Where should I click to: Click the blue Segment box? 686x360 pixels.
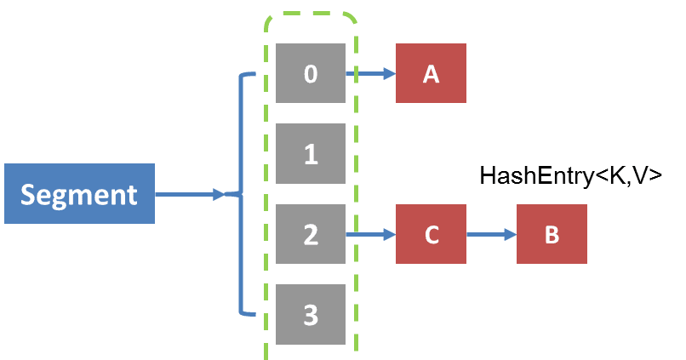click(79, 194)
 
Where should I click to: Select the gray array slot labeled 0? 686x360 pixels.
click(311, 74)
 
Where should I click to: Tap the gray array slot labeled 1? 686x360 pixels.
click(311, 154)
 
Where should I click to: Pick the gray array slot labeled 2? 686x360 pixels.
click(311, 234)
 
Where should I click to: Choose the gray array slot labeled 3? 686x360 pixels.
click(311, 314)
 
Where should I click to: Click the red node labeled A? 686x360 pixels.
click(431, 74)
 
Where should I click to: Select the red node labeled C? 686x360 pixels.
click(431, 234)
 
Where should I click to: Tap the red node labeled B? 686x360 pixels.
click(552, 234)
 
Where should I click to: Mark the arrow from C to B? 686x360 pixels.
click(491, 234)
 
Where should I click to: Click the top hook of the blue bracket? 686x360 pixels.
click(249, 75)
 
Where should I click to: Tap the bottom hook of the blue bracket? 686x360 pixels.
click(249, 314)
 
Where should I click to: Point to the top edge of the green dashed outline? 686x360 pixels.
click(311, 14)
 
